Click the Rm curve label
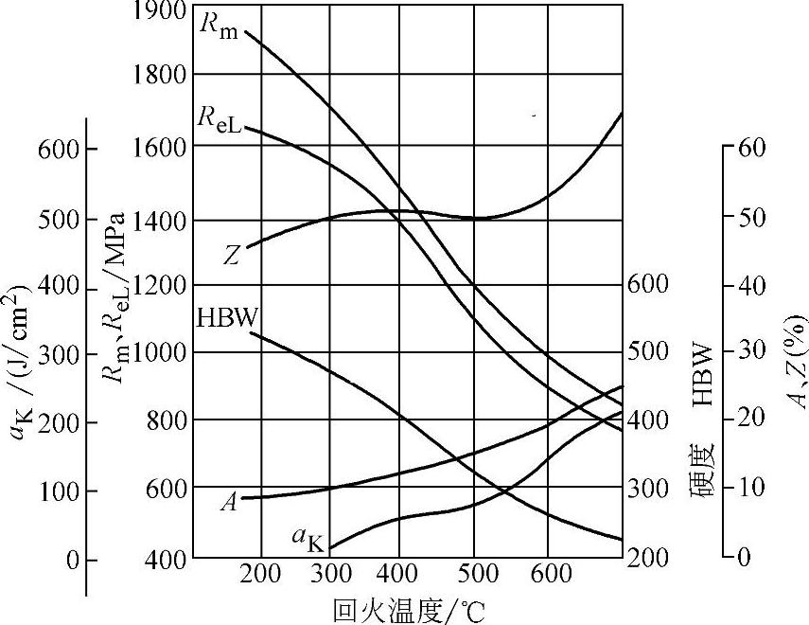pyautogui.click(x=218, y=26)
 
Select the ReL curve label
pyautogui.click(x=220, y=119)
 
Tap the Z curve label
pyautogui.click(x=231, y=254)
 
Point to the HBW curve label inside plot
pyautogui.click(x=226, y=317)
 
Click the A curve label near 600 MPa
pyautogui.click(x=228, y=502)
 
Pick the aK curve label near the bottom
pyautogui.click(x=308, y=541)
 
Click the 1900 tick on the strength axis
pyautogui.click(x=160, y=11)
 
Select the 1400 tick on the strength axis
pyautogui.click(x=160, y=220)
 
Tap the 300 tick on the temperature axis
pyautogui.click(x=330, y=574)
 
